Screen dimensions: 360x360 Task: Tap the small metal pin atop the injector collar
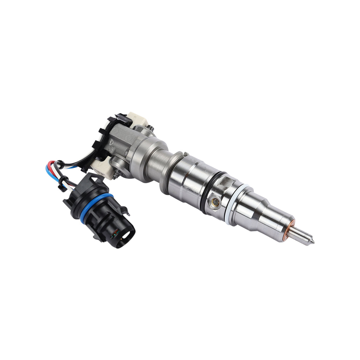[x=185, y=154]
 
